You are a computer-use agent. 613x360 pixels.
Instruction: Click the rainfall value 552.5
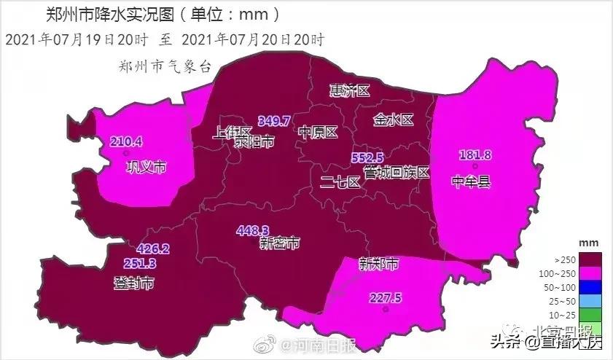[x=367, y=157]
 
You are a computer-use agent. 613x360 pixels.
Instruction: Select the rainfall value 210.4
[x=126, y=141]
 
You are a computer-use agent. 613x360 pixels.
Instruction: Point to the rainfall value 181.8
[x=475, y=155]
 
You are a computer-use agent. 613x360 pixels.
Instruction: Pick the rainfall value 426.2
[x=152, y=249]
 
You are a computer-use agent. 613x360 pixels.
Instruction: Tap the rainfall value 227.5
[x=386, y=297]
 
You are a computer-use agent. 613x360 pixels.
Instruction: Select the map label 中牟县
[x=471, y=181]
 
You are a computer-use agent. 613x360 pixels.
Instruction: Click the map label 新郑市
[x=379, y=265]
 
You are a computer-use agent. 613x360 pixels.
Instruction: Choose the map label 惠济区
[x=350, y=90]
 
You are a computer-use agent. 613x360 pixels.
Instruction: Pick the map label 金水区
[x=394, y=120]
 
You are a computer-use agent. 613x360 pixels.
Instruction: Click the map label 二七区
[x=340, y=182]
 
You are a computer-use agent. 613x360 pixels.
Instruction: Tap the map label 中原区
[x=319, y=133]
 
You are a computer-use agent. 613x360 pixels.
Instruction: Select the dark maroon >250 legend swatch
[x=588, y=259]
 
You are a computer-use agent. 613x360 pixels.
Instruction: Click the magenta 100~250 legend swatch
[x=588, y=273]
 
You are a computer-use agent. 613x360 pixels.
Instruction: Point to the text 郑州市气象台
[x=164, y=66]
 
